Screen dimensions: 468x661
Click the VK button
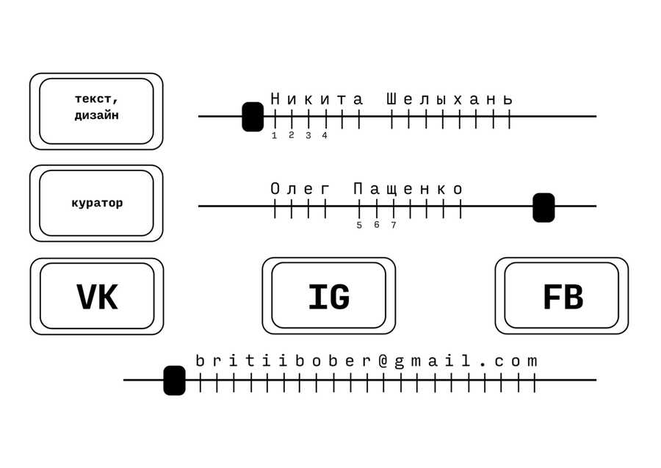(x=97, y=297)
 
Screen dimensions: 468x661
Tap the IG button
(x=328, y=296)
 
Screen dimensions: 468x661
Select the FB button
(x=562, y=296)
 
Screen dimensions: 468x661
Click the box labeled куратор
(x=96, y=204)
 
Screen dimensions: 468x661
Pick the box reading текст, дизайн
(x=96, y=111)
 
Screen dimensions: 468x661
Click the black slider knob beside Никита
(x=253, y=117)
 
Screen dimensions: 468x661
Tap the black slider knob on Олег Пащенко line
(x=543, y=207)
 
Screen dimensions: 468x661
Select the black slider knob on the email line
(x=174, y=381)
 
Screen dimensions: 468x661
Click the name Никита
(x=317, y=99)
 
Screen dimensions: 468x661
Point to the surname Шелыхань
(x=449, y=99)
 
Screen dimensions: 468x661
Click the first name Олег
(x=300, y=190)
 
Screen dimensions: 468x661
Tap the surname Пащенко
(x=408, y=190)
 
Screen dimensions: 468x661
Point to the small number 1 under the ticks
(x=275, y=135)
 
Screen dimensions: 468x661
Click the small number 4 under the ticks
(x=325, y=135)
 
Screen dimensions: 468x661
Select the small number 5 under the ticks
(x=359, y=226)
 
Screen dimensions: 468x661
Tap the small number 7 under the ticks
(x=394, y=226)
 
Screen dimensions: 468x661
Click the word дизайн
(x=96, y=116)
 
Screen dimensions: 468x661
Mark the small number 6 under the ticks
(x=376, y=225)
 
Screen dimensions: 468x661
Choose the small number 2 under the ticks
(x=291, y=134)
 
